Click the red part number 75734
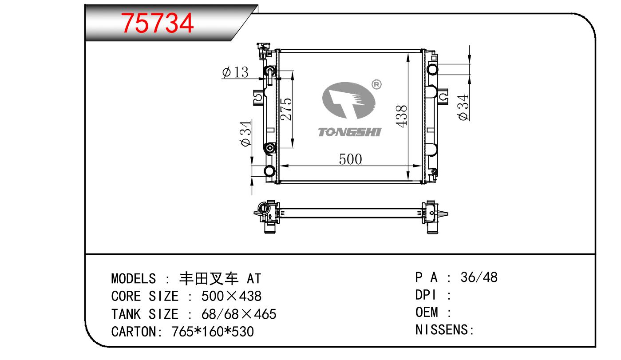pos(157,23)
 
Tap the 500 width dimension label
pos(350,159)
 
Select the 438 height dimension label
pos(401,116)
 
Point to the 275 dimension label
pos(286,109)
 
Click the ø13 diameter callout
pos(235,72)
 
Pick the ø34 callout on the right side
pos(463,107)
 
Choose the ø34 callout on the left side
pos(245,133)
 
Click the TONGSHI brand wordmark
pos(350,132)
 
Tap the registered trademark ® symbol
pos(376,84)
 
